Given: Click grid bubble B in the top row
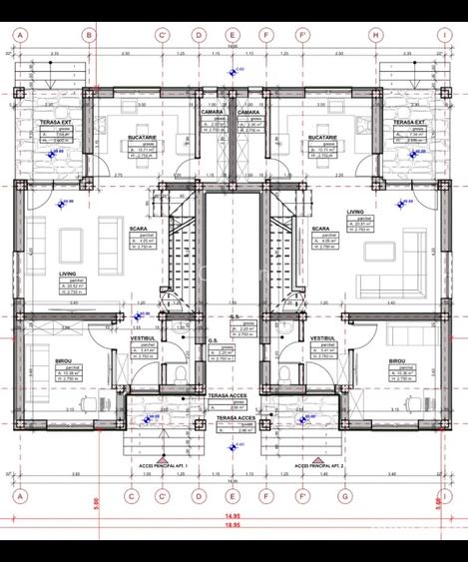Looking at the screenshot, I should [88, 33].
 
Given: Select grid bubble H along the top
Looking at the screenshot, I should [375, 33].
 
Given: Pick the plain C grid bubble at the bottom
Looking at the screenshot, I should [130, 494].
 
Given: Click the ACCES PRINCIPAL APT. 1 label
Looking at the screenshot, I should [159, 466].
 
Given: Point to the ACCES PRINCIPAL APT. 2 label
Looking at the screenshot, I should [314, 466].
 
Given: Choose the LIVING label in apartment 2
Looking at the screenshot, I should [355, 213].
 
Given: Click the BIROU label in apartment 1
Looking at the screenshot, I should [65, 361].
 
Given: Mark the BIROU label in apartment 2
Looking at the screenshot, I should [397, 361].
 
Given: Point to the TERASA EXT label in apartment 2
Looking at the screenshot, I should [408, 122].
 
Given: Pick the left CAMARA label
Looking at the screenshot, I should [212, 112].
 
